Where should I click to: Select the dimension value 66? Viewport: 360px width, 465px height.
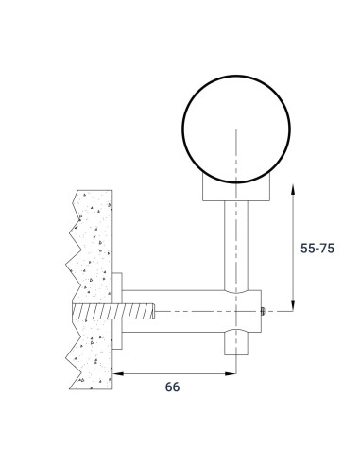(x=171, y=387)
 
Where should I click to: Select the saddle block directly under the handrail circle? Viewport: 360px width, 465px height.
(x=237, y=193)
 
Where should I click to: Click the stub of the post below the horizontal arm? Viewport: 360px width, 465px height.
(x=237, y=343)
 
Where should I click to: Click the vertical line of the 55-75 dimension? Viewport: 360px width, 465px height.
(x=295, y=248)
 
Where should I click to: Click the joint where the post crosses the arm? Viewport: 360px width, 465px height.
(x=237, y=310)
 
